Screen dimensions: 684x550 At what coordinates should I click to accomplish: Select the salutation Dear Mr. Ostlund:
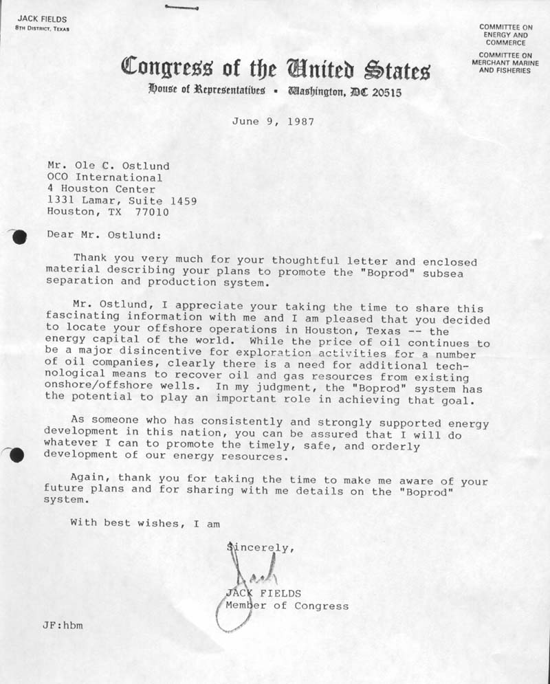pyautogui.click(x=104, y=234)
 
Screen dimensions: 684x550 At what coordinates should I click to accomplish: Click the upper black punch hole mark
pyautogui.click(x=19, y=236)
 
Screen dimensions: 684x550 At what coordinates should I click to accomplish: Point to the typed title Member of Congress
pyautogui.click(x=287, y=606)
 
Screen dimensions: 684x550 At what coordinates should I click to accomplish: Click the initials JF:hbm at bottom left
pyautogui.click(x=63, y=626)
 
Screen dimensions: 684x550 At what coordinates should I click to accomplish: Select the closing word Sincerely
pyautogui.click(x=261, y=548)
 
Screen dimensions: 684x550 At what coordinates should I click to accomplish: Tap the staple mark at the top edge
pyautogui.click(x=181, y=8)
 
